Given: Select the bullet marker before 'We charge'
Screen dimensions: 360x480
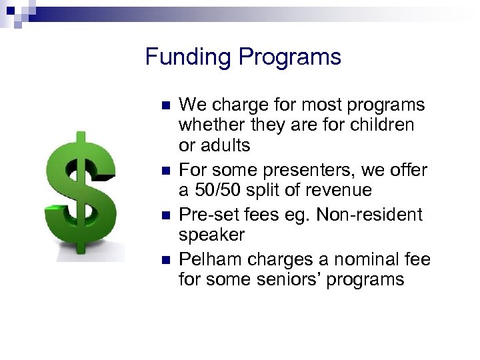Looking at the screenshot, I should point(166,106).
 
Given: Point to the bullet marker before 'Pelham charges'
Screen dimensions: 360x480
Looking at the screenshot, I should point(166,260).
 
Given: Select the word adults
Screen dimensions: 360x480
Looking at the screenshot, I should point(224,146).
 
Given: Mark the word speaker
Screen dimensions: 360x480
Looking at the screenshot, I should point(211,235).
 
